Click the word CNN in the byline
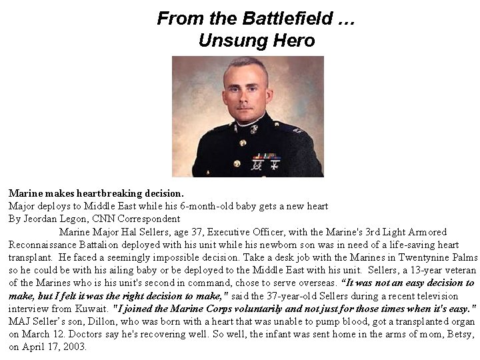pos(111,218)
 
